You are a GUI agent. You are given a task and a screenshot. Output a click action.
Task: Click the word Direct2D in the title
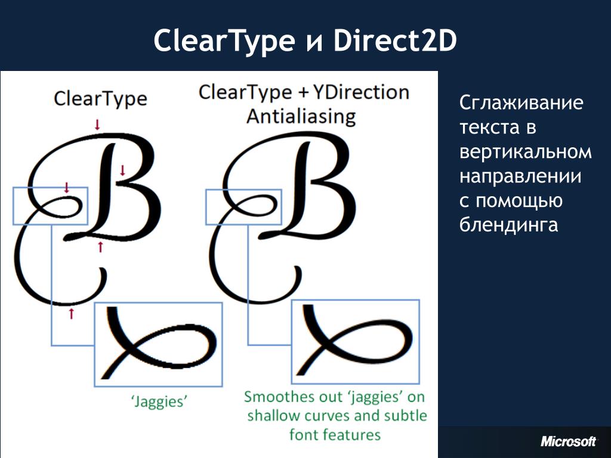[x=395, y=41]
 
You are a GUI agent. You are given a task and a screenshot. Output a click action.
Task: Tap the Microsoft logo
[x=569, y=441]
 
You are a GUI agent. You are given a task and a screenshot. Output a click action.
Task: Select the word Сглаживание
[x=521, y=103]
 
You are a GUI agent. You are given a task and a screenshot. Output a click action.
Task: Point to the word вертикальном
[x=526, y=151]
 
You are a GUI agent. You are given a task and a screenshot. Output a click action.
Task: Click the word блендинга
[x=509, y=225]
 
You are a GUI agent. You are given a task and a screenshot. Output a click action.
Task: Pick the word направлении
[x=520, y=176]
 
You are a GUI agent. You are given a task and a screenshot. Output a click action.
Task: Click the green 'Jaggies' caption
[x=159, y=401]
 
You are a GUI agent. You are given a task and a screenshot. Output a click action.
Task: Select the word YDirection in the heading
[x=361, y=92]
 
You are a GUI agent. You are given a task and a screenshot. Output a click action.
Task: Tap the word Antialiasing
[x=301, y=116]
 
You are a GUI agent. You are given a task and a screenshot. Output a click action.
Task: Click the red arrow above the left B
[x=97, y=125]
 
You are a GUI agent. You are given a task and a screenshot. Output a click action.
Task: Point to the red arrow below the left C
[x=72, y=313]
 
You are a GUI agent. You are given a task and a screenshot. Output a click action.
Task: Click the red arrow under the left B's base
[x=100, y=247]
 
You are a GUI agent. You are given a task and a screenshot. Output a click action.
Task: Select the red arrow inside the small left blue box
[x=67, y=188]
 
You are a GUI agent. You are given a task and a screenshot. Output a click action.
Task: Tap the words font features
[x=335, y=434]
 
